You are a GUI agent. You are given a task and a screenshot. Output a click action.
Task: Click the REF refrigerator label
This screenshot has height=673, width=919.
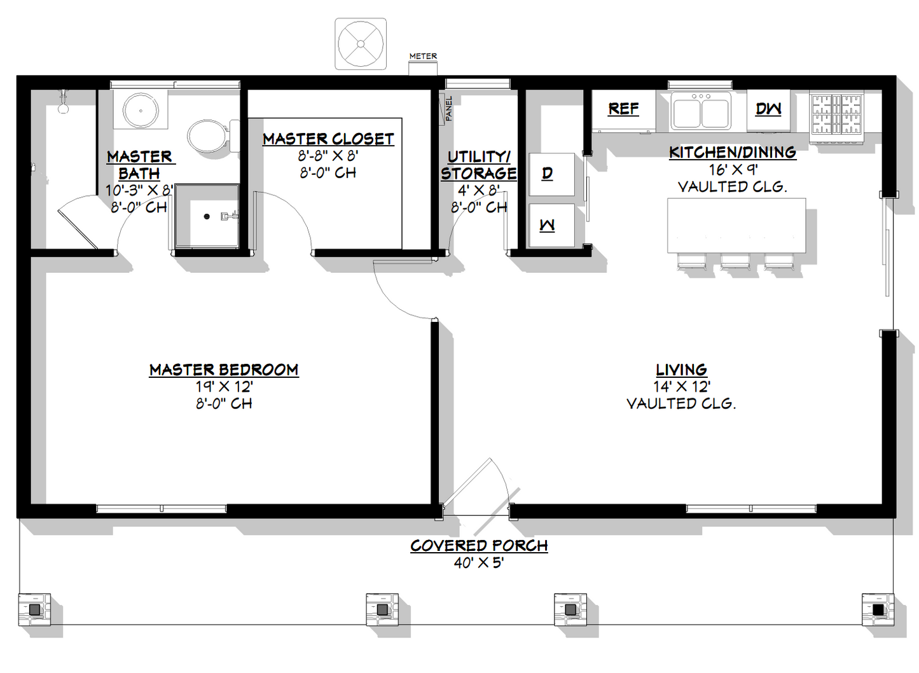pyautogui.click(x=623, y=109)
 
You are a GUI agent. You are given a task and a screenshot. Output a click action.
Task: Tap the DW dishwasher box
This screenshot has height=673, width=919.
pyautogui.click(x=768, y=109)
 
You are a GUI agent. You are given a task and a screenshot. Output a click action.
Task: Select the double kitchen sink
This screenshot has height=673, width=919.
pyautogui.click(x=701, y=111)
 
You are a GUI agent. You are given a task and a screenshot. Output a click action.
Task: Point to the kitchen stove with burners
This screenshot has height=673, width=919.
pyautogui.click(x=836, y=114)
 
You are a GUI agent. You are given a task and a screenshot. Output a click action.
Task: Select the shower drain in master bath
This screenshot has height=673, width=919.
pyautogui.click(x=207, y=217)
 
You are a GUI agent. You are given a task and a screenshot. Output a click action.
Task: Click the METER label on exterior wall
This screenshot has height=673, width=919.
pyautogui.click(x=423, y=56)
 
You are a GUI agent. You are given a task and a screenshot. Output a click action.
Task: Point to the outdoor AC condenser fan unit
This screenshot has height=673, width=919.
pyautogui.click(x=361, y=44)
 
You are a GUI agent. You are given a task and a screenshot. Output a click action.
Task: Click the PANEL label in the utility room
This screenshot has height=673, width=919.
pyautogui.click(x=449, y=109)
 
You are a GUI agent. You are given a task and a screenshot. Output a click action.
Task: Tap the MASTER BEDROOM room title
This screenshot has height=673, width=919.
pyautogui.click(x=224, y=370)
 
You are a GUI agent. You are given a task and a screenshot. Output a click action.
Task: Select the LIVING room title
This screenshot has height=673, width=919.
pyautogui.click(x=681, y=370)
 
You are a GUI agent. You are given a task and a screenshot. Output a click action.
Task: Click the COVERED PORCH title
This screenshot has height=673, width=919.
pyautogui.click(x=479, y=546)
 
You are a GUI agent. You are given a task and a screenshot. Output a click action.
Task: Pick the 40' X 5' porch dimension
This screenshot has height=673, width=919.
pyautogui.click(x=479, y=563)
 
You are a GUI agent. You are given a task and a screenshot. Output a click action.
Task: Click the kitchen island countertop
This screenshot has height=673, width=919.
pyautogui.click(x=736, y=225)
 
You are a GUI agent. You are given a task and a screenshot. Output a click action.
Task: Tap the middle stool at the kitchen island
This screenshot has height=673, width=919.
pyautogui.click(x=735, y=261)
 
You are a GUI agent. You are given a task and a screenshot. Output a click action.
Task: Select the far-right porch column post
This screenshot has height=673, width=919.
pyautogui.click(x=878, y=610)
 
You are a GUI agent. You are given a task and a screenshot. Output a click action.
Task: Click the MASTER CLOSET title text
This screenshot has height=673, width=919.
pyautogui.click(x=328, y=139)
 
